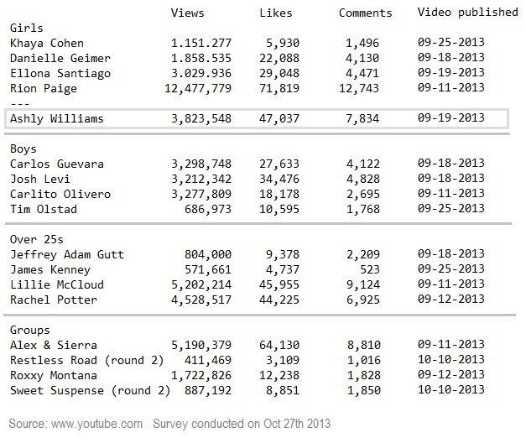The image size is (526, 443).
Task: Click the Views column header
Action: click(x=187, y=13)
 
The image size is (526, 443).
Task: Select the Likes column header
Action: click(x=275, y=13)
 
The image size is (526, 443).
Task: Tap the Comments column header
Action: click(x=365, y=13)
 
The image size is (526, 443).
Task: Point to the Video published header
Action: click(x=467, y=13)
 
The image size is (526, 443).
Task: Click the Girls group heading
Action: click(x=26, y=28)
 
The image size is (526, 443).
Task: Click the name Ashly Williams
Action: click(x=56, y=119)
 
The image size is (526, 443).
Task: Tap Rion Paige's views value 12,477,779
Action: click(x=194, y=88)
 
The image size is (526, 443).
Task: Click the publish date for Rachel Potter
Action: click(x=450, y=300)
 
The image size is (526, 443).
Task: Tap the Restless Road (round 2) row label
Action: click(x=87, y=360)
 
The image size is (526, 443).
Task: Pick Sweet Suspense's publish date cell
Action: click(x=450, y=390)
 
